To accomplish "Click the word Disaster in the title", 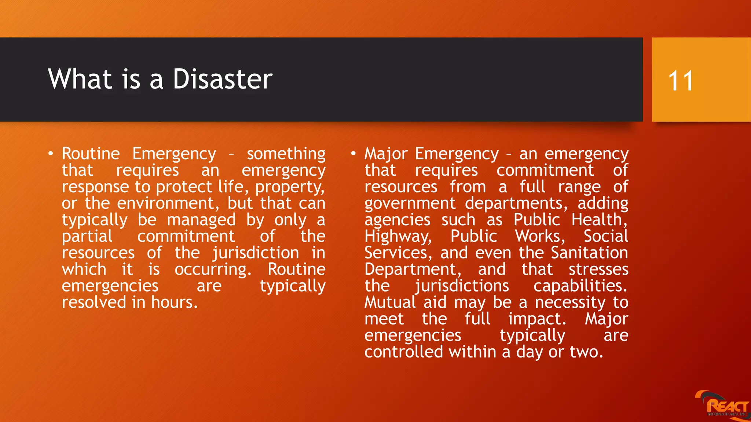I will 223,79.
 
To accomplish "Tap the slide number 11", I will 681,81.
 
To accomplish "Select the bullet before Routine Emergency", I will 51,153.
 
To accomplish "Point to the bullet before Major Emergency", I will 353,153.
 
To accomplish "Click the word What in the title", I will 80,79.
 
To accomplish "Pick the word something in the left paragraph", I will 286,154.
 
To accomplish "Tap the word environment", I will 168,203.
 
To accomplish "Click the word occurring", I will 213,270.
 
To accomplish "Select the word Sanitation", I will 589,253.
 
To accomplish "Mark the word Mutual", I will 390,303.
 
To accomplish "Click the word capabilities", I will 580,286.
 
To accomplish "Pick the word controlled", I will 404,352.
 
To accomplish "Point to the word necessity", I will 570,303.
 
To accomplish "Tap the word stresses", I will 598,270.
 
